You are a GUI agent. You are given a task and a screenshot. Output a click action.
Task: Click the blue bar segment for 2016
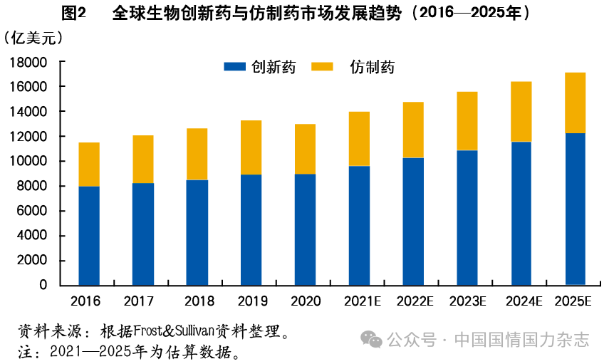pos(89,235)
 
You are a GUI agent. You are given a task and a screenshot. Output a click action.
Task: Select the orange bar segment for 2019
pos(251,147)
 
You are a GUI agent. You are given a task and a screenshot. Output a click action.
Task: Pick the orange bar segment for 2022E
pos(413,130)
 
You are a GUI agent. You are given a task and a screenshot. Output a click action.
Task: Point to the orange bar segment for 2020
pos(305,149)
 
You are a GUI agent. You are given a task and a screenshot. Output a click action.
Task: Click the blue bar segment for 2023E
pos(467,217)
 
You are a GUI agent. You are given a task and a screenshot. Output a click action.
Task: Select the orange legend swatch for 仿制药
pos(323,66)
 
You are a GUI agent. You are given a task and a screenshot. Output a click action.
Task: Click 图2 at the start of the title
pos(73,14)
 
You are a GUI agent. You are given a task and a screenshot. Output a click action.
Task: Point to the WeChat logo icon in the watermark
pos(371,339)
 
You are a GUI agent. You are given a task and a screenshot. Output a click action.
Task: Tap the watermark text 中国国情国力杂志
pos(521,340)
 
